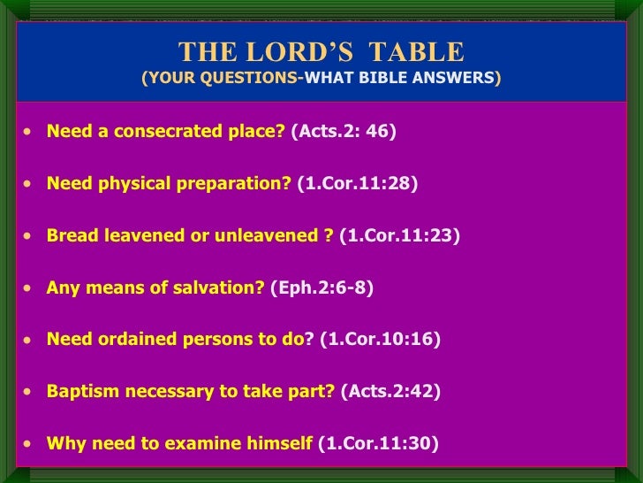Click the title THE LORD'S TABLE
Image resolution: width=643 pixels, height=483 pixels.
(321, 51)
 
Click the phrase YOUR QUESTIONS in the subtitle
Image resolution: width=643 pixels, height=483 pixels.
(222, 78)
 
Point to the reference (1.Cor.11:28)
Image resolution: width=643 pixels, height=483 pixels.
(357, 184)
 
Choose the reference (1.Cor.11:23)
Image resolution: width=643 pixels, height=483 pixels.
(399, 236)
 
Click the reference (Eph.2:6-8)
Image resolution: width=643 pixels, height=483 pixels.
(321, 287)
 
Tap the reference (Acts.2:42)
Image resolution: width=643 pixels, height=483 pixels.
(390, 391)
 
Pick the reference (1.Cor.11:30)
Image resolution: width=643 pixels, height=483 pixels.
(377, 443)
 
